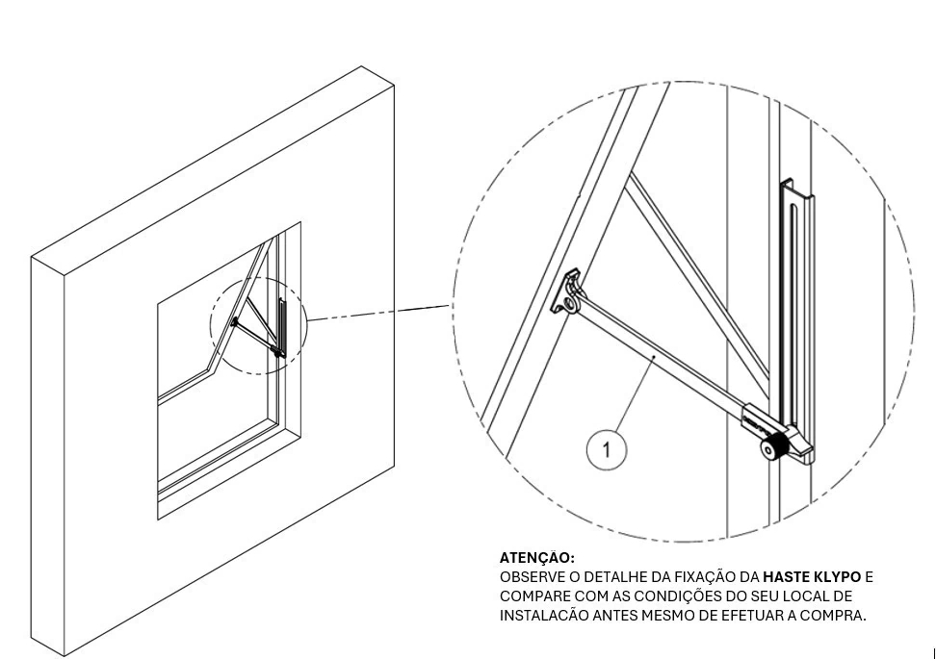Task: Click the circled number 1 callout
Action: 607,449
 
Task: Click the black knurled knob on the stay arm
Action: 773,448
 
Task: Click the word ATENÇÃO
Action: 536,557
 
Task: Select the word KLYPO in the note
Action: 835,577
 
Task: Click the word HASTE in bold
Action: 785,577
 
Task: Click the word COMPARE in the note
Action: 533,596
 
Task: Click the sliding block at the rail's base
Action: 801,445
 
